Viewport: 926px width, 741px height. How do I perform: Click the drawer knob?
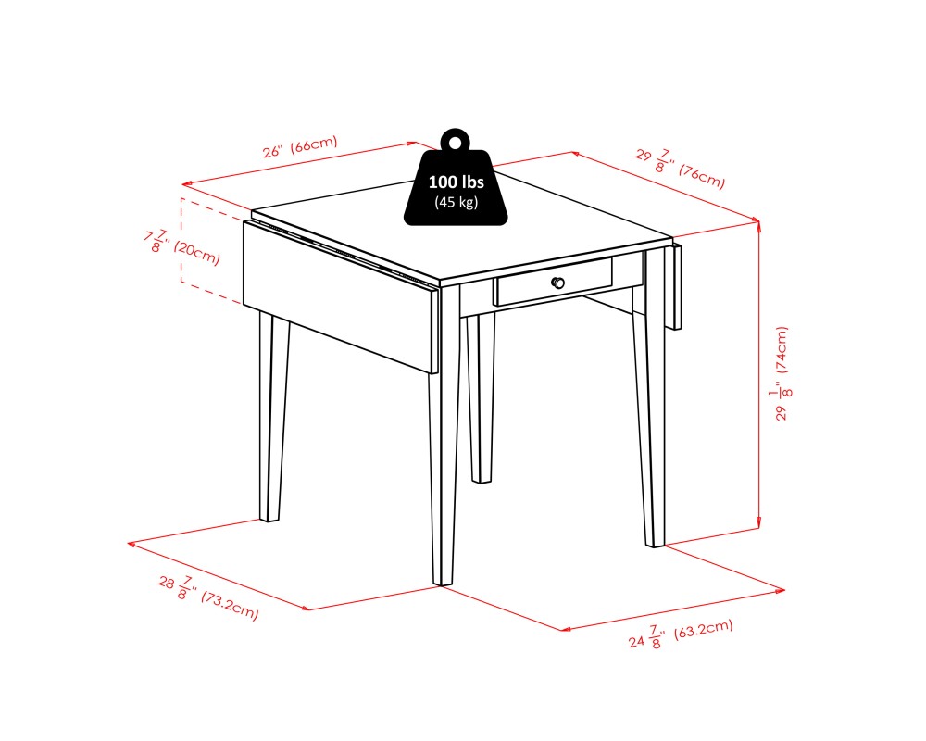tap(557, 283)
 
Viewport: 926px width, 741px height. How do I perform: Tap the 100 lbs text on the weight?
tap(456, 182)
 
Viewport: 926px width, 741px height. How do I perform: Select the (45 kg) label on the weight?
tap(456, 203)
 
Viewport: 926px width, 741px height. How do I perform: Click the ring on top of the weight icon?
tap(454, 142)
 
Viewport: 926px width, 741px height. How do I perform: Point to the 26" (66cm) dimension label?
tap(300, 146)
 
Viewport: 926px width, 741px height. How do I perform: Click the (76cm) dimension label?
tap(702, 177)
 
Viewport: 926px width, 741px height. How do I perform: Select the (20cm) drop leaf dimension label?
tap(196, 253)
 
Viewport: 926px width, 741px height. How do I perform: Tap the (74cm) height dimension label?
tap(781, 349)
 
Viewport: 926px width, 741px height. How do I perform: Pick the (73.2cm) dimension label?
tap(230, 605)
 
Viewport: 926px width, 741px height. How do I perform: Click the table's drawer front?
tap(554, 282)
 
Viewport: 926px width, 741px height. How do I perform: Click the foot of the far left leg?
tap(270, 517)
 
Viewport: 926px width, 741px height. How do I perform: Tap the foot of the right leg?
tap(655, 542)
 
